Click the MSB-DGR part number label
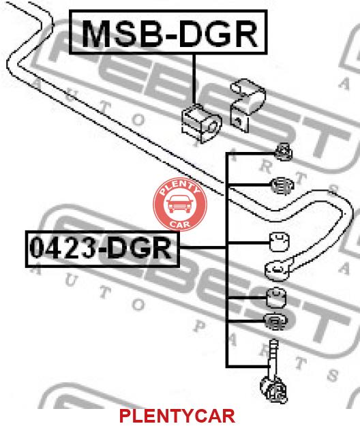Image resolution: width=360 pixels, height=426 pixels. [x=168, y=32]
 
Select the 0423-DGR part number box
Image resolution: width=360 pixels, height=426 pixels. [x=102, y=249]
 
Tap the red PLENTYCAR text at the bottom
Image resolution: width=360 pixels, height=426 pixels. [x=177, y=416]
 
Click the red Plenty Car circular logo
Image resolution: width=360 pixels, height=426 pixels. [x=180, y=204]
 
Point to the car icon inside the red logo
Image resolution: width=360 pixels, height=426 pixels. [x=179, y=204]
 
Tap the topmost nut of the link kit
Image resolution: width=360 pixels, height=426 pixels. [x=284, y=151]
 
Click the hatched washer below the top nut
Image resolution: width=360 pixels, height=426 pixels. [x=282, y=185]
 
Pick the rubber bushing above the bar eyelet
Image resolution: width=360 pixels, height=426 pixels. [x=280, y=241]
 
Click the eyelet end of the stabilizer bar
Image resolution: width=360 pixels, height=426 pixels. [x=277, y=270]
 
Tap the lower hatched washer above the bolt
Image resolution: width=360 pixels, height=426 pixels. [x=275, y=322]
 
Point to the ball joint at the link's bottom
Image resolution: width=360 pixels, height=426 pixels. [x=274, y=390]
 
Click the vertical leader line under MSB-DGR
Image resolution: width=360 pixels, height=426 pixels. [x=194, y=79]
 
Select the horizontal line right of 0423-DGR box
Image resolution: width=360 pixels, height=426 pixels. [x=202, y=247]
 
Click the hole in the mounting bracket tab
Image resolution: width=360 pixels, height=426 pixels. [x=239, y=121]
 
